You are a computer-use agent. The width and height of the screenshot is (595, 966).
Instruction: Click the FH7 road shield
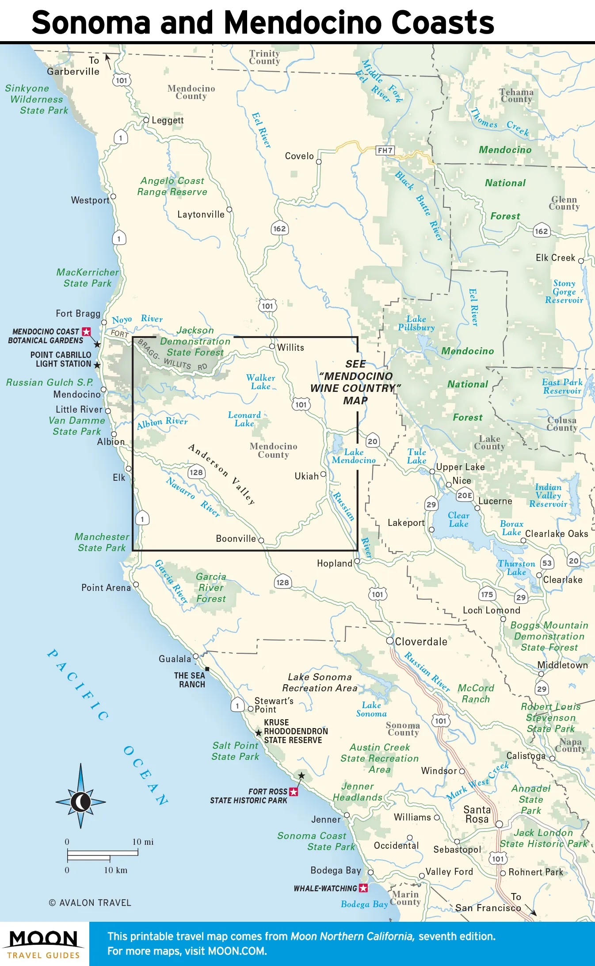pos(385,150)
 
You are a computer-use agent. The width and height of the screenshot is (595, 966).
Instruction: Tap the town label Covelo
pos(299,156)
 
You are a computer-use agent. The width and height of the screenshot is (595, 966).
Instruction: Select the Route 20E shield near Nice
pos(465,495)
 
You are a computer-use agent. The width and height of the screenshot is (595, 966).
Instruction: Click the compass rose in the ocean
pos(80,801)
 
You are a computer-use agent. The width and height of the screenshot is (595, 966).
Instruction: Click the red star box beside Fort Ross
pos(294,791)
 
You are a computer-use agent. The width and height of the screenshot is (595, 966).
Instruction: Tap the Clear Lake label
pos(458,520)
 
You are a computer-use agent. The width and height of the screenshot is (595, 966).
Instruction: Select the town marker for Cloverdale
pos(390,640)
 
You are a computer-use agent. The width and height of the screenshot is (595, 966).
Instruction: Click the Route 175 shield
pos(487,594)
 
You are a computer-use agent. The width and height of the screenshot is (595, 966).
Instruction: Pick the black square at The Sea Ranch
pos(207,669)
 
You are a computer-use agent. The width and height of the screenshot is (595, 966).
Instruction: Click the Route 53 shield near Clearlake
pos(547,563)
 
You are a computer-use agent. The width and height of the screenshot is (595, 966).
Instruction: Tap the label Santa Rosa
pos(477,814)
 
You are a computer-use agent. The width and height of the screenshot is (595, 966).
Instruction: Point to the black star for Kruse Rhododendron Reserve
pos(259,733)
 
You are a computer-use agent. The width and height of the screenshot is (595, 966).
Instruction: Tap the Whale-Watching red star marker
pos(363,888)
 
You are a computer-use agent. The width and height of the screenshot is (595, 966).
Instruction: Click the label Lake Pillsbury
pos(416,323)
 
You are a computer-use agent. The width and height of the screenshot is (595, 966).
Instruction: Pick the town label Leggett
pos(167,120)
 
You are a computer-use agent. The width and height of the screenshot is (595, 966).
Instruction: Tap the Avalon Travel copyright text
pos(90,903)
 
